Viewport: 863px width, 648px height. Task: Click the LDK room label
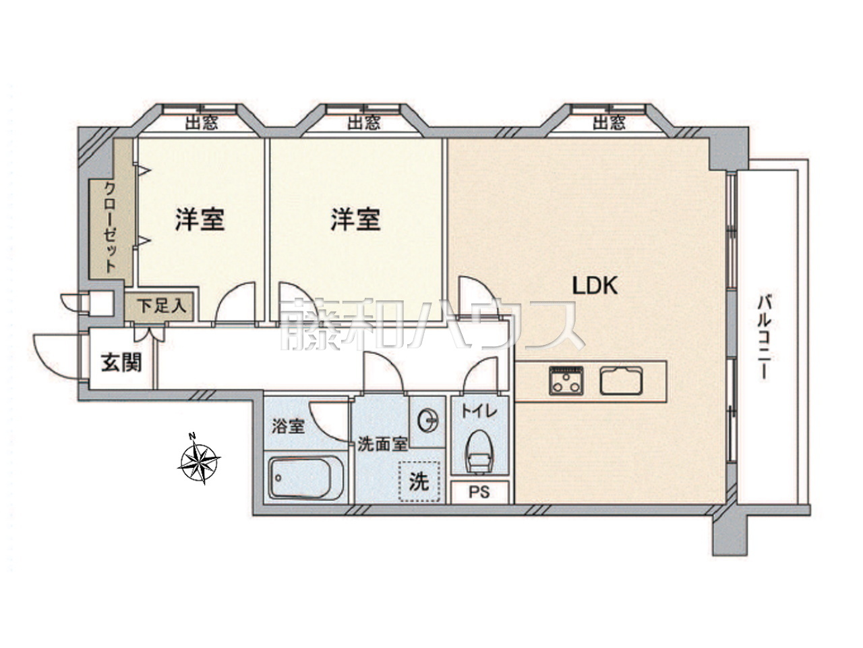[595, 286]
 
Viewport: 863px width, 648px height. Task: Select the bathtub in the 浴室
[305, 478]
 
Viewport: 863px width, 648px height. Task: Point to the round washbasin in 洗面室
[427, 422]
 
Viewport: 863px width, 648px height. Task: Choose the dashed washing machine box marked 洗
[419, 481]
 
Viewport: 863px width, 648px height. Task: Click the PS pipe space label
[479, 492]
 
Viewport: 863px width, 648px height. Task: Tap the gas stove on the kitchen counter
[566, 381]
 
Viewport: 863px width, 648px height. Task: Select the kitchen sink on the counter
[621, 381]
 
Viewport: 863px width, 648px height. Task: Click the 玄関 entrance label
[121, 362]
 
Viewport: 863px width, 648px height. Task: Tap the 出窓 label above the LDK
[609, 123]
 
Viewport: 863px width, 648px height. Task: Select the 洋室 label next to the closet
[200, 219]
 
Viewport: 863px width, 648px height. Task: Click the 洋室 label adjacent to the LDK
[355, 219]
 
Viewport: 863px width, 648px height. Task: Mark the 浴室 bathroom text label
[288, 427]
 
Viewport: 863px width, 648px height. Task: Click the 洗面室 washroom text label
[382, 444]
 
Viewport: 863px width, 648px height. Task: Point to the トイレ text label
[479, 412]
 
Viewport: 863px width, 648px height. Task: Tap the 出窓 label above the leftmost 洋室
[202, 124]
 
